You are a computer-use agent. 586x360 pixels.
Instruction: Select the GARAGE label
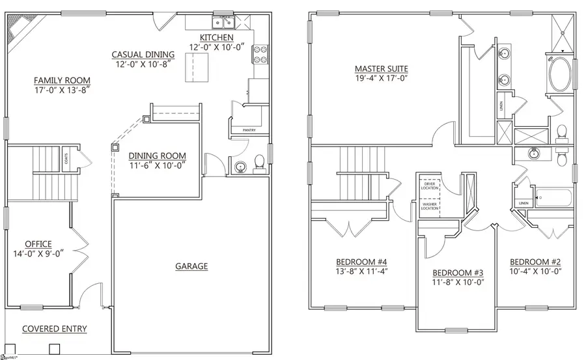click(191, 266)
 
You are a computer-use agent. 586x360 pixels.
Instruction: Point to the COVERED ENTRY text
click(55, 329)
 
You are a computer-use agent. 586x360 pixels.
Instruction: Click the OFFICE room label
click(38, 244)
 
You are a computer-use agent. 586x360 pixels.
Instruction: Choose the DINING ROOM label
click(157, 156)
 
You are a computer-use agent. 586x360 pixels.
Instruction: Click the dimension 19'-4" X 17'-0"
click(381, 79)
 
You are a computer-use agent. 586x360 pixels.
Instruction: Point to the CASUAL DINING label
click(143, 55)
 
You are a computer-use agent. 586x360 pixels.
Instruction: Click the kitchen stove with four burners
click(260, 54)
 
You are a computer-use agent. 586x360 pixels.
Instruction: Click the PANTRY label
click(248, 130)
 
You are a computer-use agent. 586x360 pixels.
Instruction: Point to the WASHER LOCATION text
click(430, 206)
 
